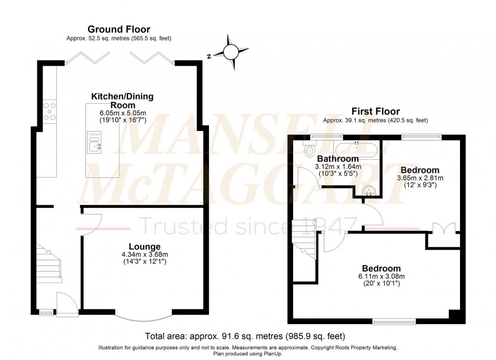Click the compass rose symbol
(231, 51)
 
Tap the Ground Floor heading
(119, 29)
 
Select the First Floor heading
(376, 111)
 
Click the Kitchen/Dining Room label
(122, 100)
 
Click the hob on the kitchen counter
(50, 112)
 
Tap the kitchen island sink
(94, 142)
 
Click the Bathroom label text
(338, 159)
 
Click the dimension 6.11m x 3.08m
(381, 276)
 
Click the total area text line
(245, 335)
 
